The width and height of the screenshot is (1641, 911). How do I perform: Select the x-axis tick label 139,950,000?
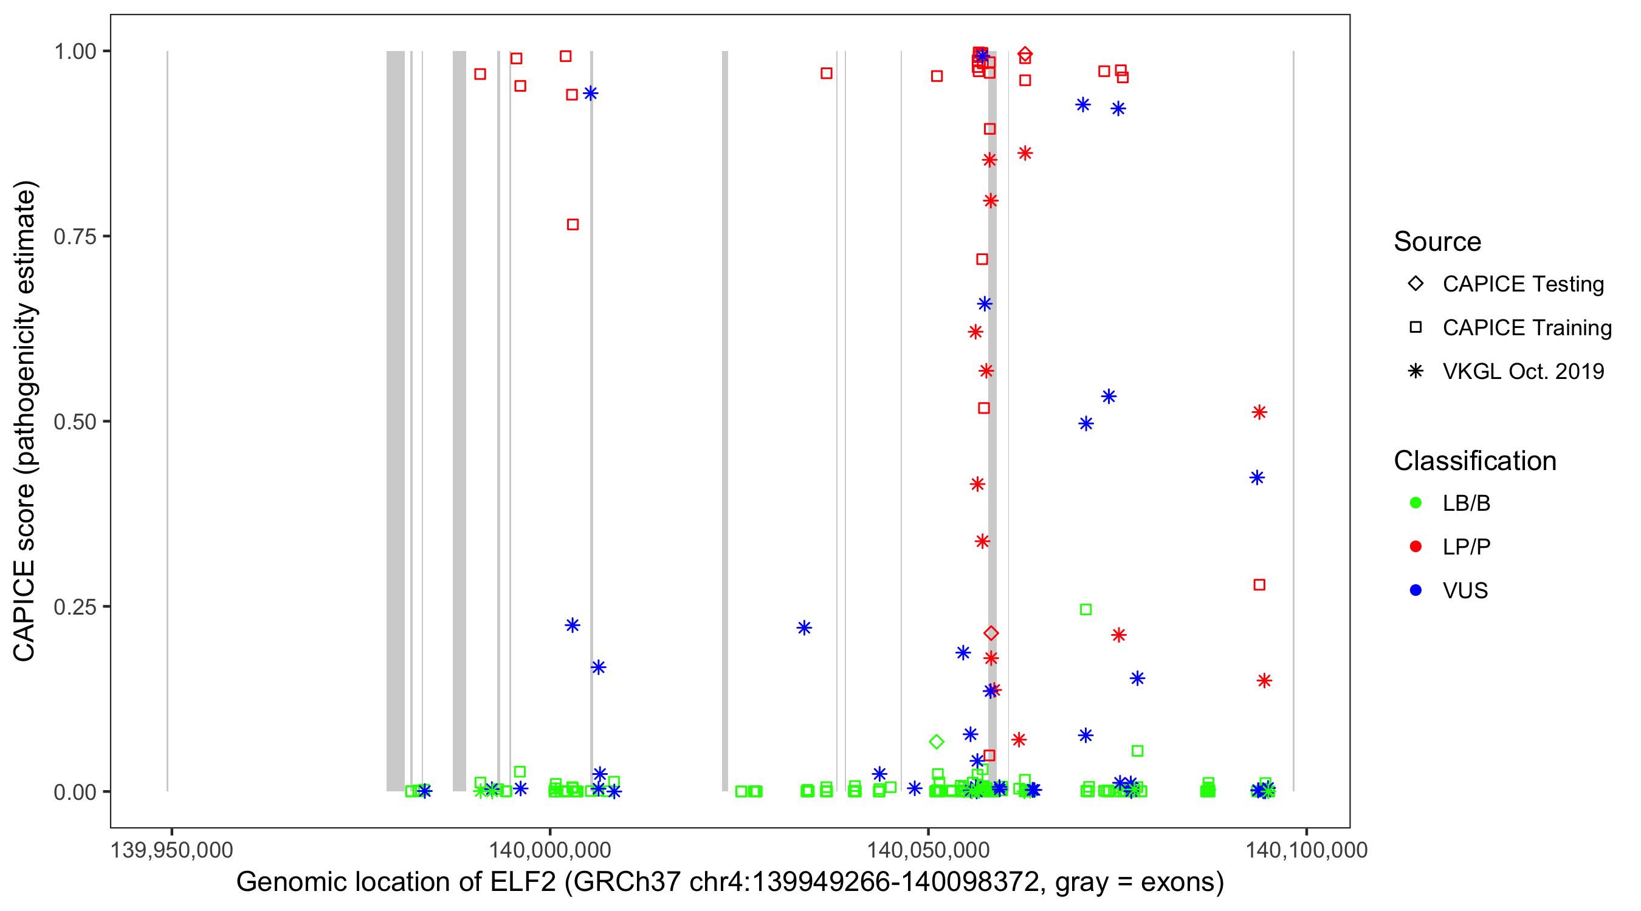171,850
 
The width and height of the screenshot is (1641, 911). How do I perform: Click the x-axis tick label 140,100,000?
1306,850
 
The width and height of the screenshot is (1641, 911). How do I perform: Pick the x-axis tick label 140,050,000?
928,850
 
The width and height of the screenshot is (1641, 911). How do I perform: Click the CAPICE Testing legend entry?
1522,284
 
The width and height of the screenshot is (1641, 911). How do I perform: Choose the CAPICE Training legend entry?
1526,328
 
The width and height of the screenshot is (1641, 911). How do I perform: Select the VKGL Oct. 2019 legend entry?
1522,372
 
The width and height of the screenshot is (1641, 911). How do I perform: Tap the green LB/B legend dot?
1416,503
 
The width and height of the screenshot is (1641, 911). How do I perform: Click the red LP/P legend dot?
1416,547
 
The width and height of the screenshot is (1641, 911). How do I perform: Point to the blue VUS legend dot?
1416,591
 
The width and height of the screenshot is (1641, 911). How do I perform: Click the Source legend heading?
1437,242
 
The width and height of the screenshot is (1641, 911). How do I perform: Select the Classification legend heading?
1474,461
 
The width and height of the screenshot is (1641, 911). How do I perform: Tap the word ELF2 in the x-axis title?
522,882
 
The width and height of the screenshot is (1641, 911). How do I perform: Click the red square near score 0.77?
573,225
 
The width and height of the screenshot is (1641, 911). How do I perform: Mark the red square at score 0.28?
1259,585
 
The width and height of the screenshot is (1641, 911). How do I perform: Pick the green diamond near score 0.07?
937,742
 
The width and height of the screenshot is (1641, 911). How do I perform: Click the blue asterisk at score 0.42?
1257,478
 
